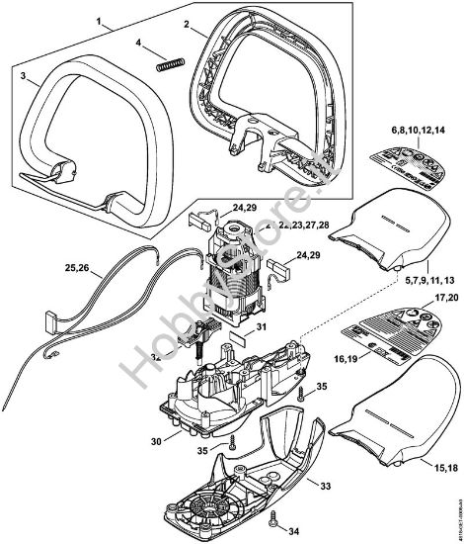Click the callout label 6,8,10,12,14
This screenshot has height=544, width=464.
(420, 130)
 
